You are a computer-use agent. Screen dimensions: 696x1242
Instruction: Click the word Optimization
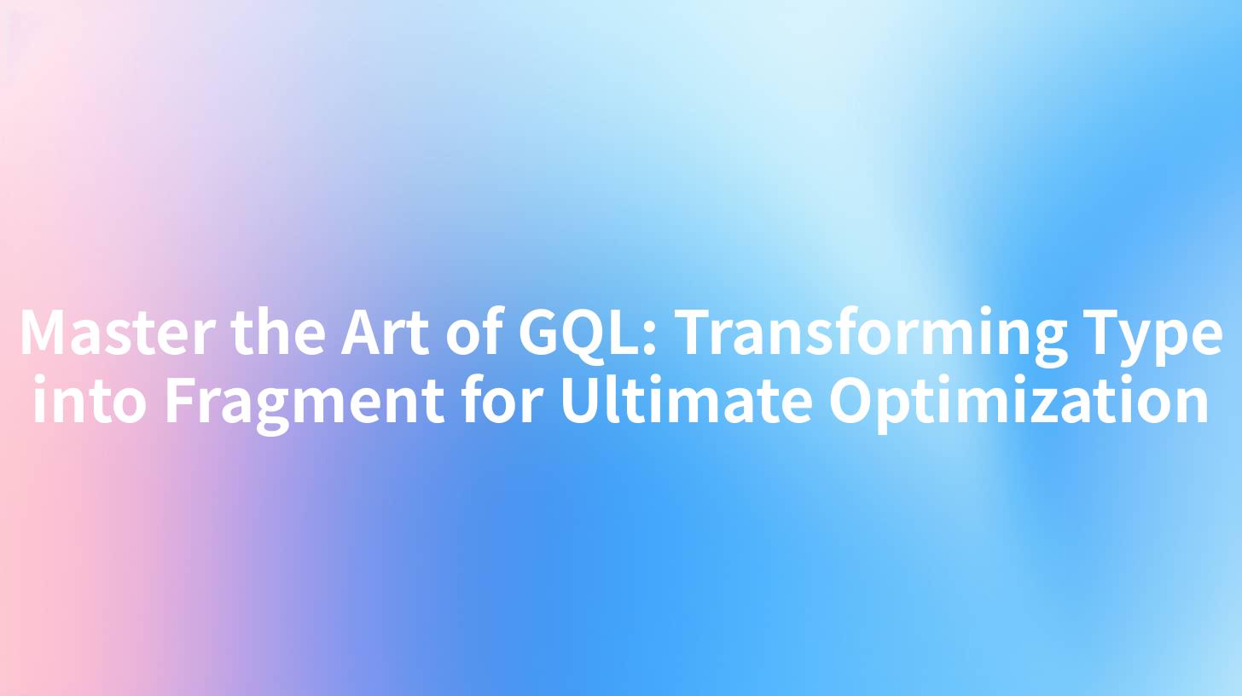(x=1019, y=402)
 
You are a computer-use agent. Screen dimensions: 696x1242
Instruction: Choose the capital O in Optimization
(x=852, y=402)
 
